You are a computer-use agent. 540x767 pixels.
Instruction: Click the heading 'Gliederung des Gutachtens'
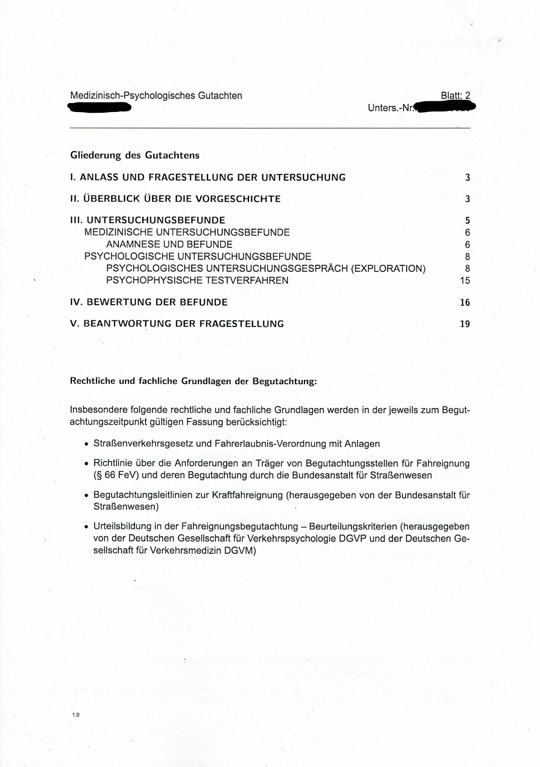click(135, 155)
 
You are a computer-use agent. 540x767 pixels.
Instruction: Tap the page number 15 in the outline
click(464, 281)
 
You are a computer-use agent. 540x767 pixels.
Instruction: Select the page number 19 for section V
click(464, 324)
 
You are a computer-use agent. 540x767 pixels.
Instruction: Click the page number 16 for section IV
click(464, 303)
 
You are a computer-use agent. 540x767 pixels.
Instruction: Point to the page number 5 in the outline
click(467, 221)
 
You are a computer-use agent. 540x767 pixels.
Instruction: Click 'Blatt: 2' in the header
click(455, 95)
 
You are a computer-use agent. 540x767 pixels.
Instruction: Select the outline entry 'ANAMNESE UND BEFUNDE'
click(169, 244)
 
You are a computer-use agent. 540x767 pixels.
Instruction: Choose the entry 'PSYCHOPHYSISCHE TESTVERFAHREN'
click(197, 280)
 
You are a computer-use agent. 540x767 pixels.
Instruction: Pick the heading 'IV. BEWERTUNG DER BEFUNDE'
click(149, 302)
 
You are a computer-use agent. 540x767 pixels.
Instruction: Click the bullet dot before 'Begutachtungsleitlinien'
click(87, 496)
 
